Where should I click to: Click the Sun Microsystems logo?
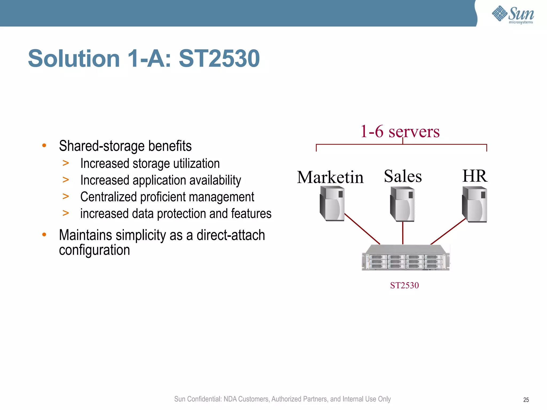(513, 14)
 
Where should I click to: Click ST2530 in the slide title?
(219, 58)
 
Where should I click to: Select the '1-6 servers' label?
(400, 132)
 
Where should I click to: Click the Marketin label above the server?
(330, 177)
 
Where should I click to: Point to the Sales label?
(403, 176)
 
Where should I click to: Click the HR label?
(475, 176)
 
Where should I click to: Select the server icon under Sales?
(403, 204)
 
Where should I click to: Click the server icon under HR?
(475, 204)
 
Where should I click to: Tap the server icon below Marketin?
(332, 204)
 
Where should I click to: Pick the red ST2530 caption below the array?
(404, 285)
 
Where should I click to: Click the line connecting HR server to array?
(448, 231)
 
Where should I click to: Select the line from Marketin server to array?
(362, 229)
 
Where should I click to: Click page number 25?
(526, 400)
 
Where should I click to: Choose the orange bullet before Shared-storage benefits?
(44, 146)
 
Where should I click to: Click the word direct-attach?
(230, 235)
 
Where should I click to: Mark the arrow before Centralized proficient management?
(66, 196)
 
